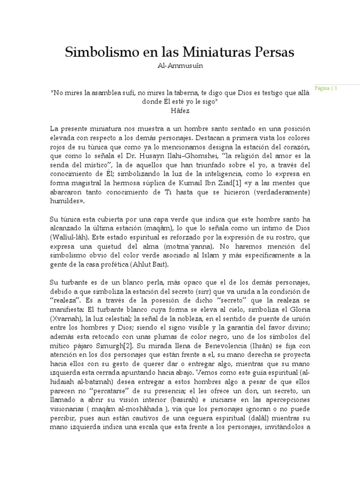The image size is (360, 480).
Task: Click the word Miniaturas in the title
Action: tap(214, 52)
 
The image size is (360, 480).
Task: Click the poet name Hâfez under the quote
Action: tap(180, 111)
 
